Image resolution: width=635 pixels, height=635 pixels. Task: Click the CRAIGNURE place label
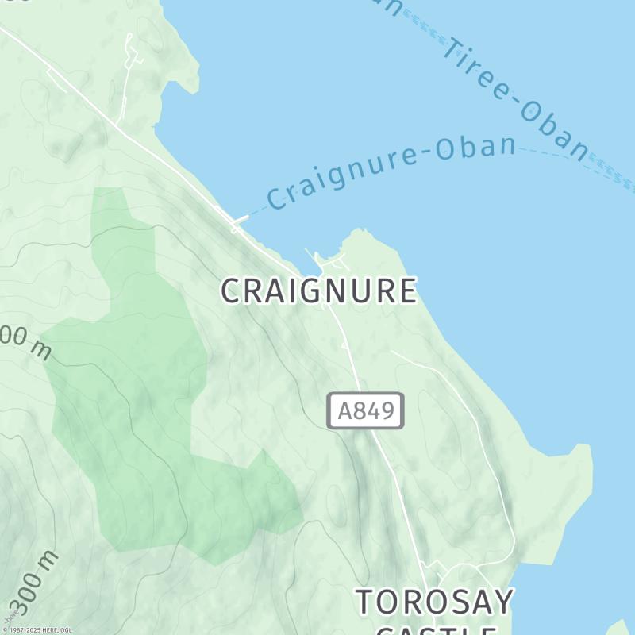(x=318, y=291)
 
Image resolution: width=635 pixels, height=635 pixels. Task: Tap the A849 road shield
(x=365, y=411)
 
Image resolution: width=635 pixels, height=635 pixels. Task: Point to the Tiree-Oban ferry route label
(x=516, y=99)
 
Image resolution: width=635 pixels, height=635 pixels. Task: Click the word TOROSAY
(x=434, y=602)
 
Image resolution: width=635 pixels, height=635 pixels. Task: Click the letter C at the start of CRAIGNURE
(x=230, y=291)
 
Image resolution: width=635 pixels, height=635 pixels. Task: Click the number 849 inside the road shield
(x=375, y=411)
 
